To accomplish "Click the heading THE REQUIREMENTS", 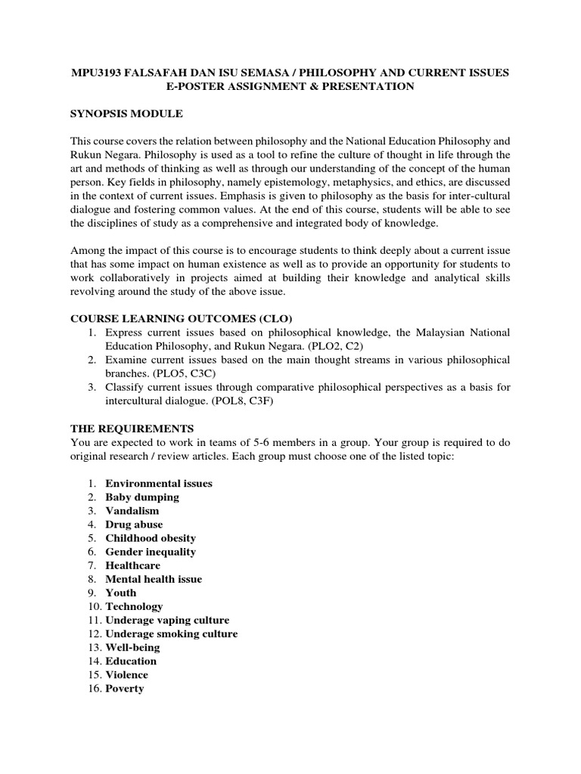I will (x=132, y=428).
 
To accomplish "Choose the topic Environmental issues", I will (x=159, y=483).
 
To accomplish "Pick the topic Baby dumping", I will (x=142, y=497).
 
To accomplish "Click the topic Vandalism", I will (x=132, y=510).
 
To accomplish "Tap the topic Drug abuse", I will (x=134, y=524).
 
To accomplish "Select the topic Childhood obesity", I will (x=151, y=537).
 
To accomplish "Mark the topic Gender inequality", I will (x=151, y=551).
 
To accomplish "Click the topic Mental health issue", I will (x=154, y=579).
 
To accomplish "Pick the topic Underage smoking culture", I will (x=172, y=633).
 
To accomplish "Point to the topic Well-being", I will (x=132, y=647).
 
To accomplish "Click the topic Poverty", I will (x=125, y=689).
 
